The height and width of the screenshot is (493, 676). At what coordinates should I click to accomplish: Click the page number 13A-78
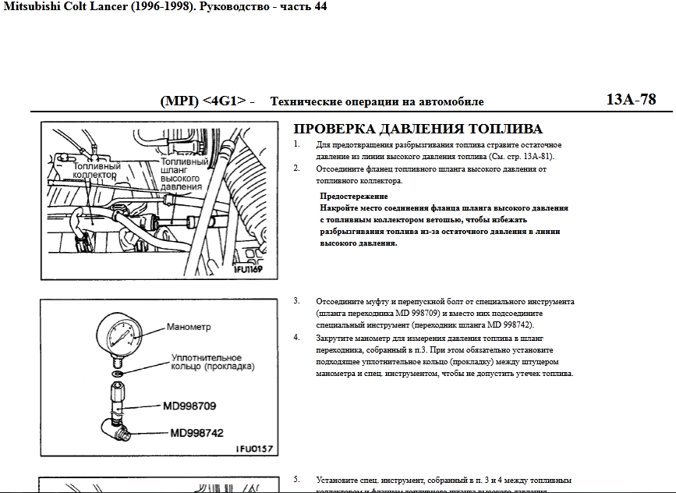pos(631,100)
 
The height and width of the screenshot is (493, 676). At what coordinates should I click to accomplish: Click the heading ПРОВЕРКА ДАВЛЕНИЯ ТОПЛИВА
pos(417,129)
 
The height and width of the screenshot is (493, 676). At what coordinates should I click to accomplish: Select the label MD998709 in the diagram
pos(189,406)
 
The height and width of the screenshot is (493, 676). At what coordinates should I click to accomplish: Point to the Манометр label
pos(189,327)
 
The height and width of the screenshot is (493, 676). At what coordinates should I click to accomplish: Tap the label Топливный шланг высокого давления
pos(182,174)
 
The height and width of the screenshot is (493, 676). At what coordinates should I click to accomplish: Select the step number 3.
pos(296,300)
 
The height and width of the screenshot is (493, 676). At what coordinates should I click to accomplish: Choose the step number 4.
pos(296,338)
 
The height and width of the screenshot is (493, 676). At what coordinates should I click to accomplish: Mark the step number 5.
pos(296,479)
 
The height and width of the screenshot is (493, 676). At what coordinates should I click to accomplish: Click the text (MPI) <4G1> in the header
pos(203,101)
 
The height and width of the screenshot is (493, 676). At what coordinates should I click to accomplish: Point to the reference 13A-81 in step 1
pos(536,157)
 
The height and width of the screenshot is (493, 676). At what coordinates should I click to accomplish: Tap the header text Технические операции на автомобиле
pos(377,102)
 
